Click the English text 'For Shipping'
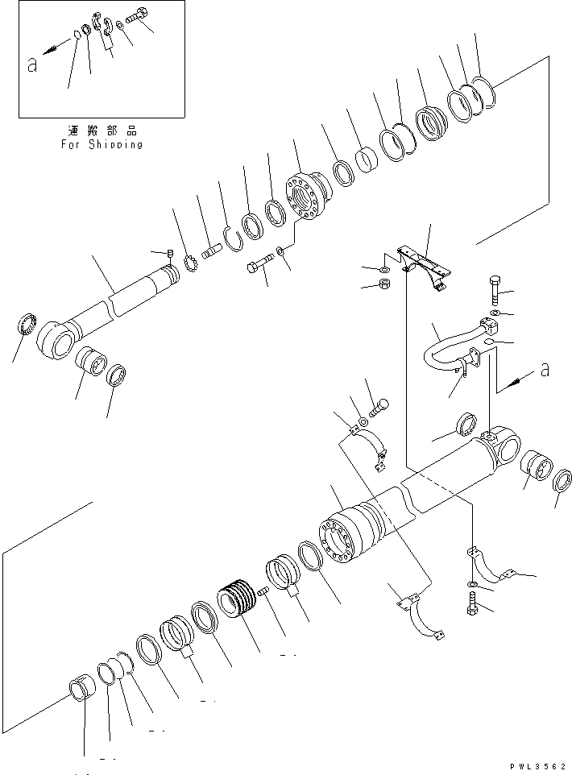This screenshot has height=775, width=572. (x=102, y=145)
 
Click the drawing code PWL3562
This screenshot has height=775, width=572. (x=537, y=768)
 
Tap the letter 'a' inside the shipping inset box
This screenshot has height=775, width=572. (x=32, y=66)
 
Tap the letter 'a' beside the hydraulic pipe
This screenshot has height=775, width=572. (x=545, y=370)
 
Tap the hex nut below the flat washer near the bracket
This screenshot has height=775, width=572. (x=385, y=285)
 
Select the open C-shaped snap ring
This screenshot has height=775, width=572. (x=232, y=237)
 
